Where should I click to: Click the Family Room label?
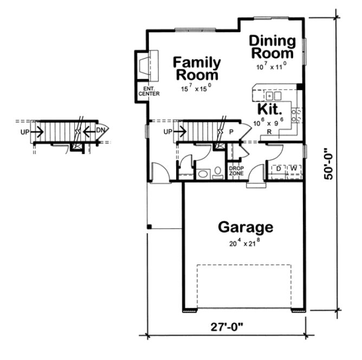[x=196, y=69]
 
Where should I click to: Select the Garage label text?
[x=245, y=227]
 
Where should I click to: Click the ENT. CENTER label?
[x=148, y=91]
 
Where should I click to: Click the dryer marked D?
[x=278, y=169]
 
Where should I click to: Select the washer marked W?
[x=293, y=169]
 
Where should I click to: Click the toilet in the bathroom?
[x=217, y=173]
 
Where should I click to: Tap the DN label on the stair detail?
[x=100, y=131]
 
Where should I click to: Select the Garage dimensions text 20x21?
[x=245, y=243]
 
